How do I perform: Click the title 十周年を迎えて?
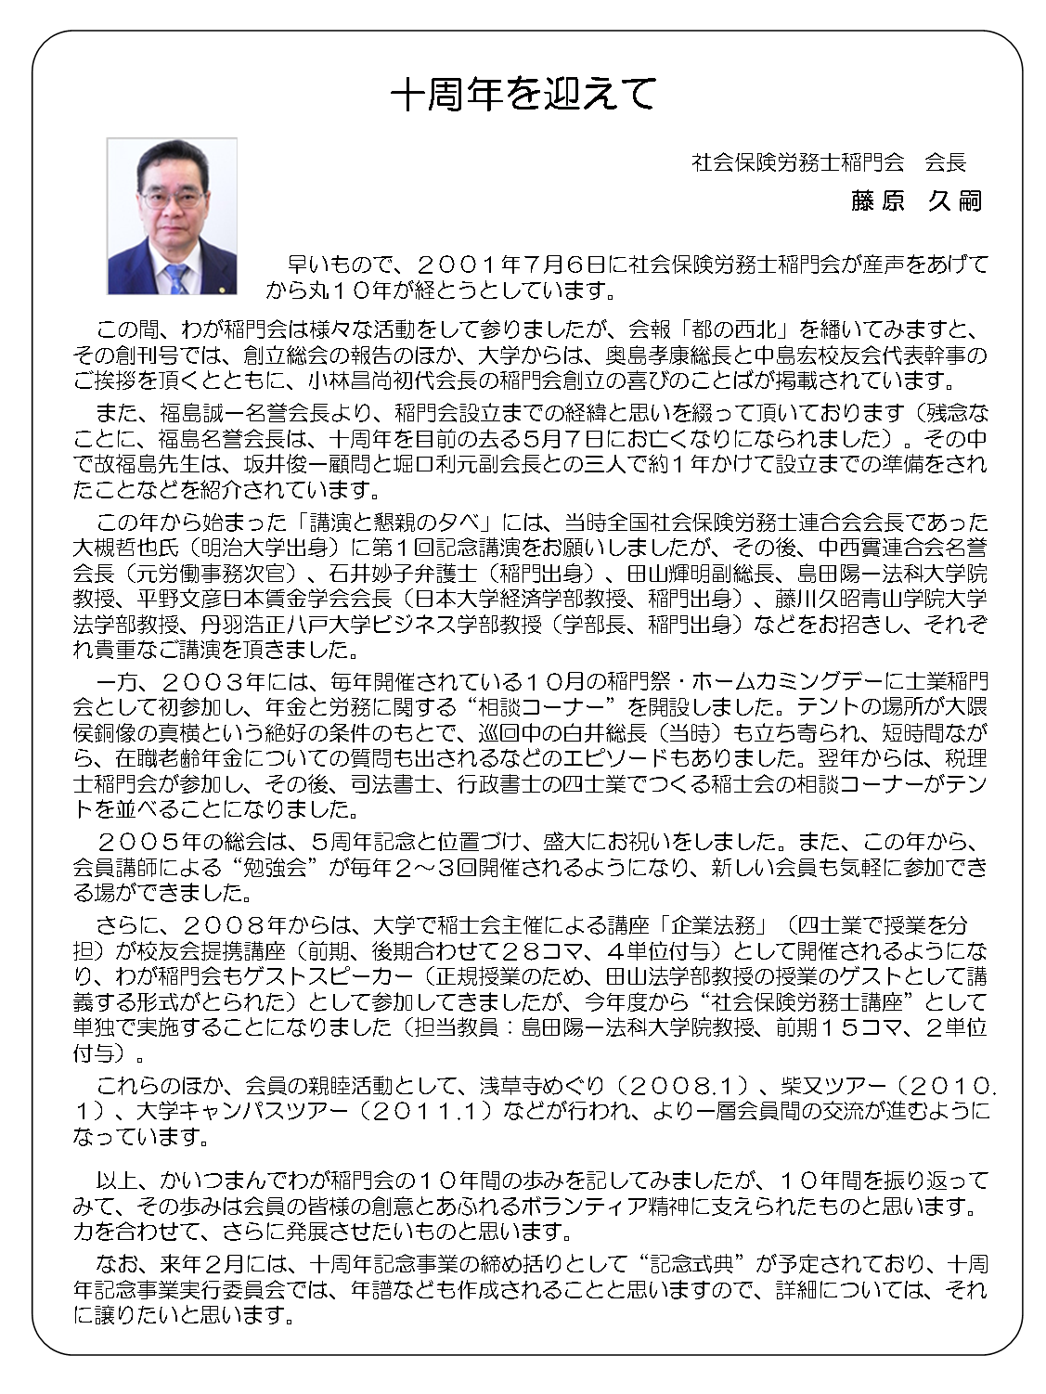pyautogui.click(x=523, y=94)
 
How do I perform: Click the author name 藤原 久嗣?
pyautogui.click(x=915, y=201)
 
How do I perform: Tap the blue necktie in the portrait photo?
pyautogui.click(x=175, y=277)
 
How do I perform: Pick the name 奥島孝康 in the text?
pyautogui.click(x=669, y=355)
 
